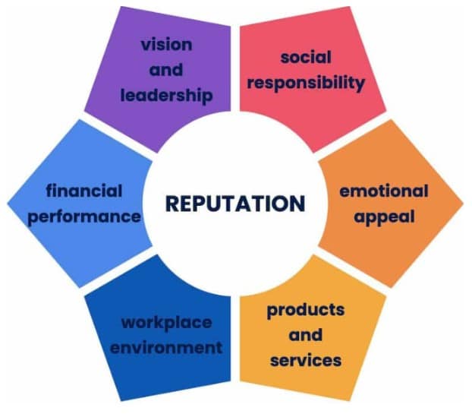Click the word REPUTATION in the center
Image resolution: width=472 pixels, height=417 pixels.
coord(235,204)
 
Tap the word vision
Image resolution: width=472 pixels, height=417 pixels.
coord(166,45)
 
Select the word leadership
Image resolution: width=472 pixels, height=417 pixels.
coord(166,96)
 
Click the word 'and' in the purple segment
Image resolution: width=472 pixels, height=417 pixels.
coord(166,70)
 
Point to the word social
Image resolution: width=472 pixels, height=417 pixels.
coord(306,57)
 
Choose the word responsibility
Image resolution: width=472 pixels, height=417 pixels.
coord(306,83)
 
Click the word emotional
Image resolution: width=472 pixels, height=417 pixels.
coord(384,191)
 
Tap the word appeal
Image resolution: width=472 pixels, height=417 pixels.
coord(384,217)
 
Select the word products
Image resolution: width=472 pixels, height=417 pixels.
coord(306,311)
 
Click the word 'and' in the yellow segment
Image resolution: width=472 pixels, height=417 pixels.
coord(305,335)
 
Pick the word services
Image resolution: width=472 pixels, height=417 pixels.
coord(306,360)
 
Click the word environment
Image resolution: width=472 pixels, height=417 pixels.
coord(166,348)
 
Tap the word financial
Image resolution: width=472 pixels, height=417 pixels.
coord(84,191)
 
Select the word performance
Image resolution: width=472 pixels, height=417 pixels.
coord(84,217)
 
